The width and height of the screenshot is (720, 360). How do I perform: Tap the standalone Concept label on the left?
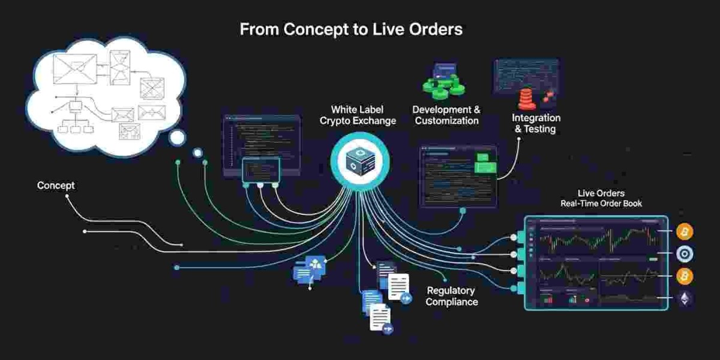coord(56,185)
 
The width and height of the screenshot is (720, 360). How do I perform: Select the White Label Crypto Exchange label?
coord(358,115)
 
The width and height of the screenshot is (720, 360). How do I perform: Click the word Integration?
coord(536,118)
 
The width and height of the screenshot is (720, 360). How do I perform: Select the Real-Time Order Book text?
coord(601,203)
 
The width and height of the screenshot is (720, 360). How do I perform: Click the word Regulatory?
coord(451,290)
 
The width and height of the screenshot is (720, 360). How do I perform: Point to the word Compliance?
coord(452,302)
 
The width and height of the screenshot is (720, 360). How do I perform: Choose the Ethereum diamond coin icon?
coord(685,299)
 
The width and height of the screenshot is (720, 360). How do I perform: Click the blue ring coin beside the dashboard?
coord(685,254)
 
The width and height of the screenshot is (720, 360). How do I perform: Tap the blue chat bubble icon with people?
coord(309,268)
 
